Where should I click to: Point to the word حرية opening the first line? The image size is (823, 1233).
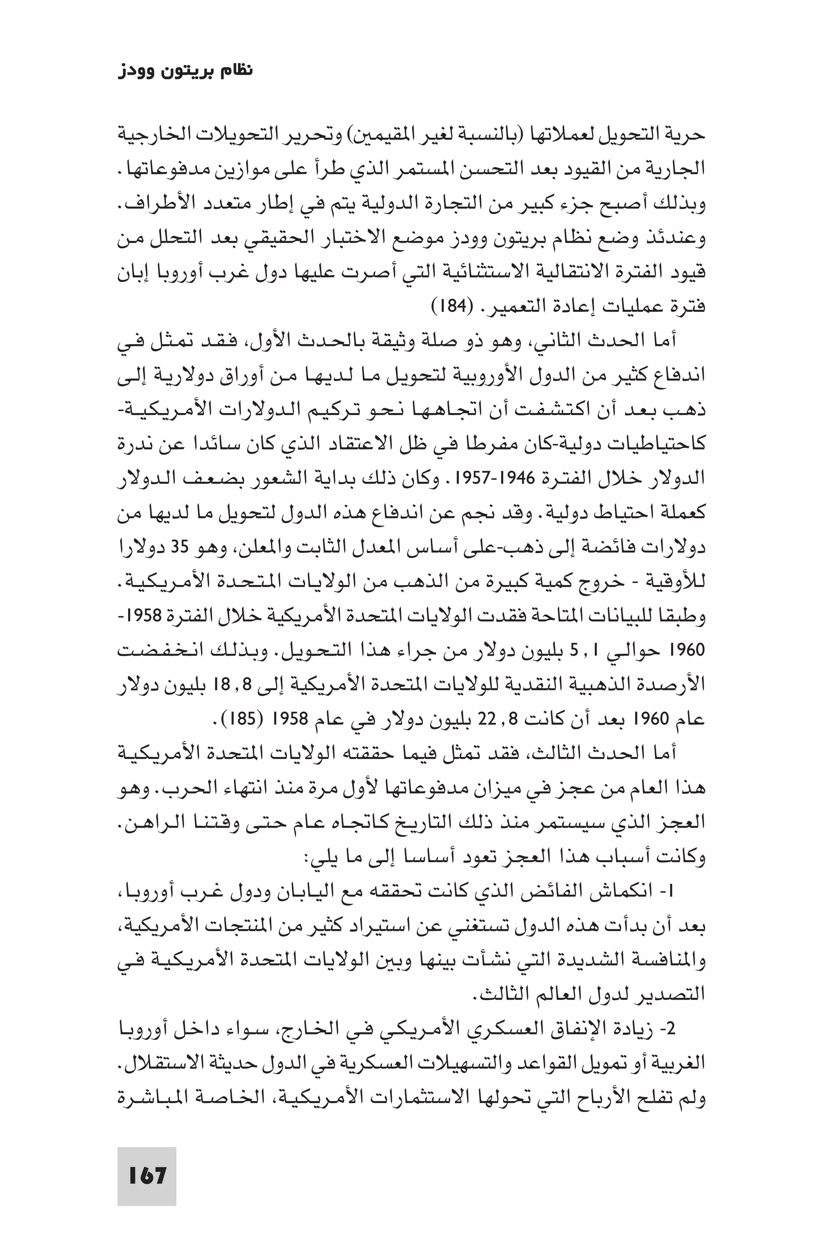click(686, 135)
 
